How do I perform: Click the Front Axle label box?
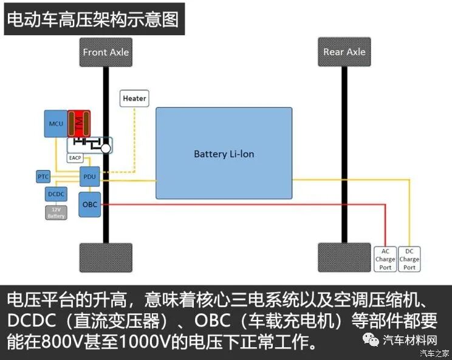coord(106,52)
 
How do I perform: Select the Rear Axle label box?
coord(344,52)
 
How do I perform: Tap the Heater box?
coord(134,98)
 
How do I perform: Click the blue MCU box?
coord(56,124)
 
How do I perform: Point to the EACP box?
coord(75,158)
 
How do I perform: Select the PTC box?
coord(43,177)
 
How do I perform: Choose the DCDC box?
coord(56,194)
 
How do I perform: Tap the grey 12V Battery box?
coord(56,212)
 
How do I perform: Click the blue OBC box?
coord(89,205)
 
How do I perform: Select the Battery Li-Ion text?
coord(224,154)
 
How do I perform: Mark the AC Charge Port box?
coord(385,259)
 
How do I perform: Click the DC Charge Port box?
coord(409,259)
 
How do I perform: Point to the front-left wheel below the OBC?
coord(106,257)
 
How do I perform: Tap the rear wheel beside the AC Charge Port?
coord(344,257)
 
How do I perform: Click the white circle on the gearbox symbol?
coord(106,148)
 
